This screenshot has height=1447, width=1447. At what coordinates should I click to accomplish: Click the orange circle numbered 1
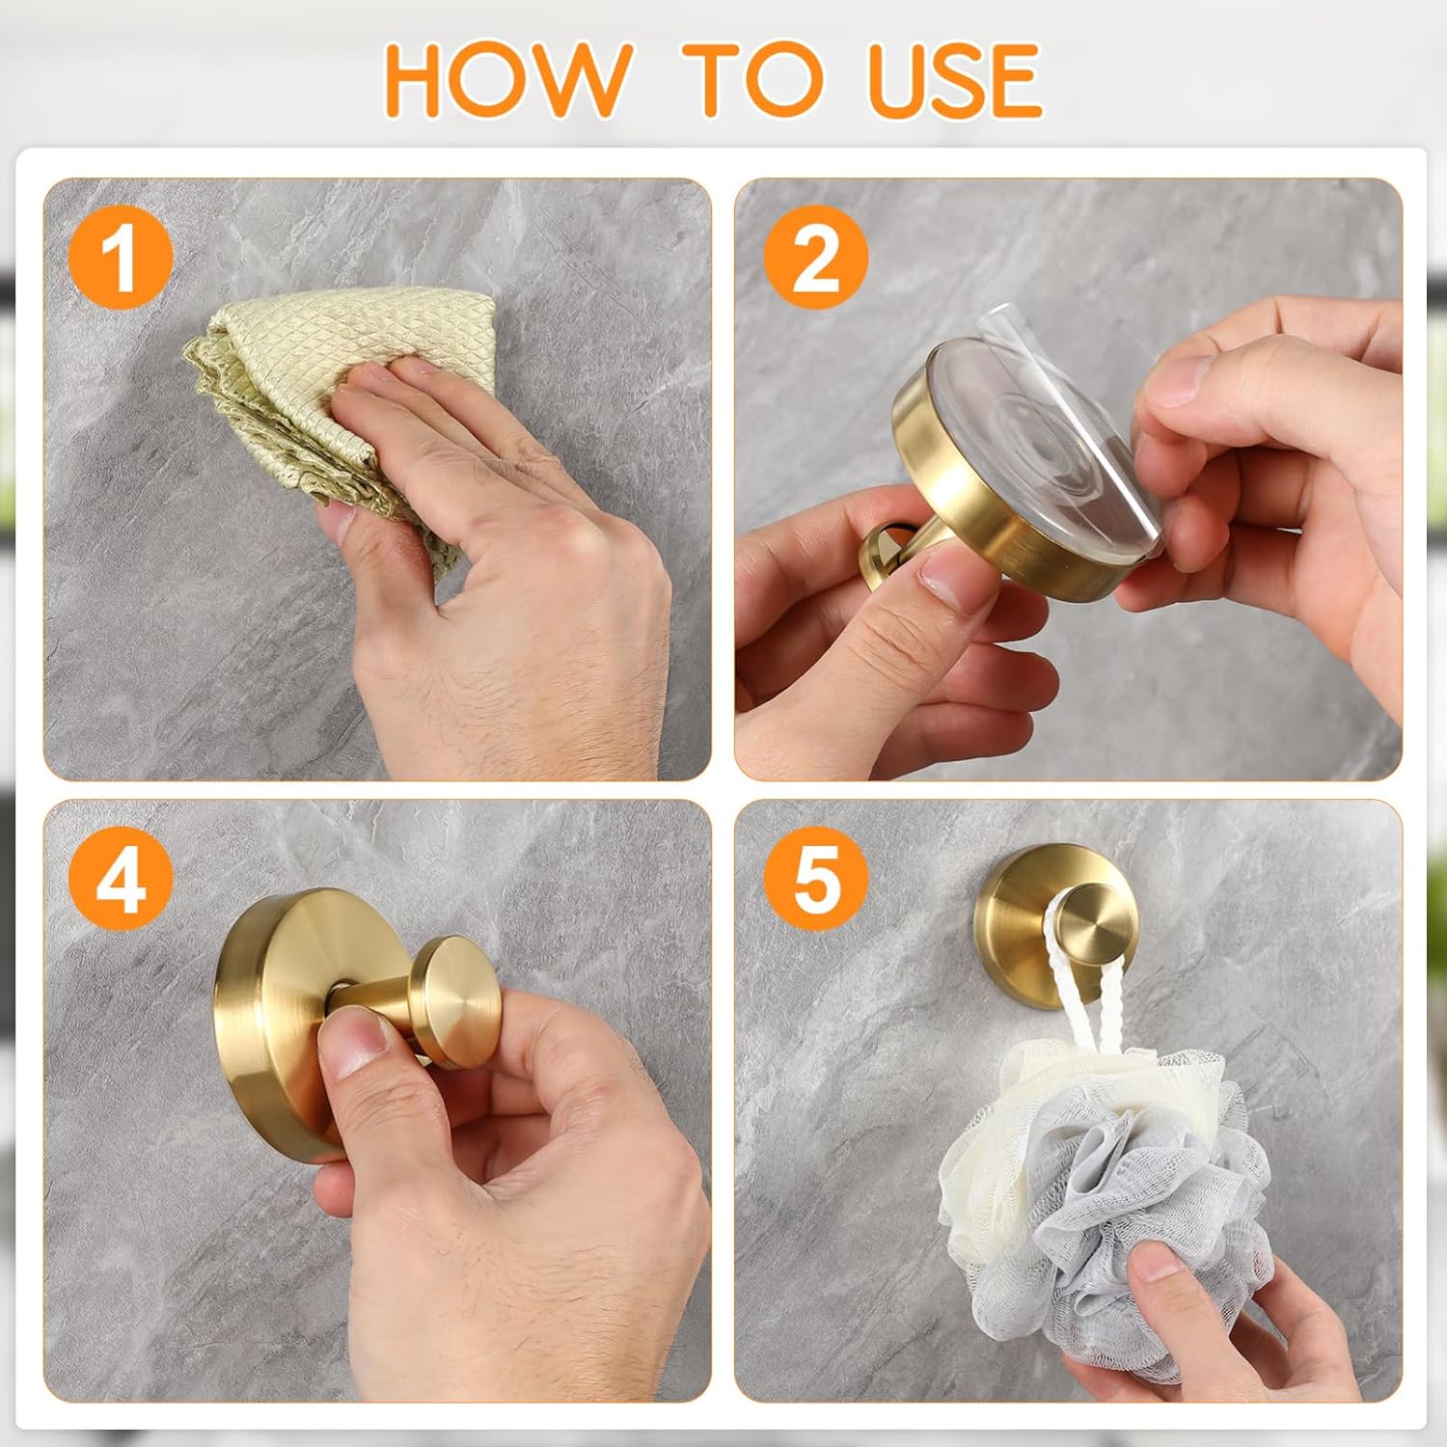(121, 258)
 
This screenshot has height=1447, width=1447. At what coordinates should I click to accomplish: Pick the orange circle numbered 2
(816, 258)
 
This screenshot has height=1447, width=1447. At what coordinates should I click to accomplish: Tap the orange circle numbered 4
(121, 880)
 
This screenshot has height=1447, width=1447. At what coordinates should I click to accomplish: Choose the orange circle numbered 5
(816, 880)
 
